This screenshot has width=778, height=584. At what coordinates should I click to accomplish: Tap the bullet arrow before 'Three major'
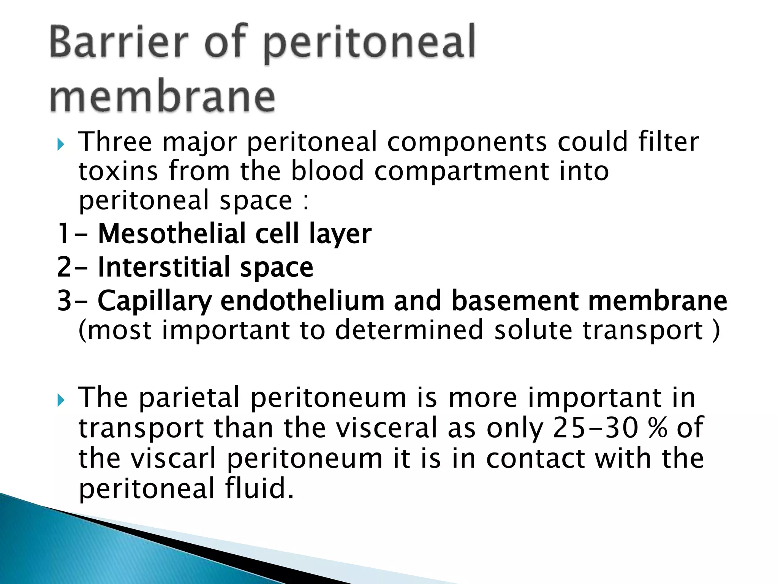click(x=60, y=144)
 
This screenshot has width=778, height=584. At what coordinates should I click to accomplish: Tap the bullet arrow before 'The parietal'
click(x=60, y=400)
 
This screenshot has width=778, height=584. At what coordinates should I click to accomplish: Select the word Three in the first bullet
click(x=115, y=141)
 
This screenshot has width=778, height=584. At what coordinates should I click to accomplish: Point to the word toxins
click(x=118, y=171)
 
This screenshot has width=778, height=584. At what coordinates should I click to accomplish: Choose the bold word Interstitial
click(x=164, y=267)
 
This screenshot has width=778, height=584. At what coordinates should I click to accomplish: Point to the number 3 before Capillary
click(x=64, y=300)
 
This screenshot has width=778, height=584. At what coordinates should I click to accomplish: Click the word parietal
click(x=189, y=398)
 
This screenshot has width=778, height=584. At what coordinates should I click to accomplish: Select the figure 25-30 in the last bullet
click(x=595, y=428)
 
